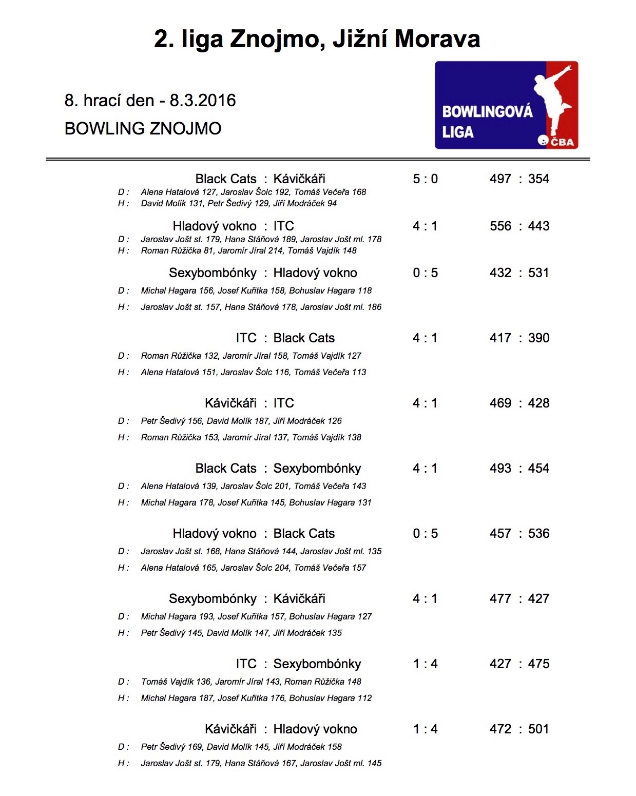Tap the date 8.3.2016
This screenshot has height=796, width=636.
click(x=203, y=101)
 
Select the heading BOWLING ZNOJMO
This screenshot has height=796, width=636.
click(x=143, y=128)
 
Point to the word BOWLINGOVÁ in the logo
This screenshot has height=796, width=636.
click(x=487, y=112)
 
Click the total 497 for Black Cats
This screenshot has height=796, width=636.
click(x=500, y=179)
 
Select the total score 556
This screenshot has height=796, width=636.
click(x=500, y=226)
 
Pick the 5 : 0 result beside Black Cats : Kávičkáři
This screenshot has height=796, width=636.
click(x=425, y=179)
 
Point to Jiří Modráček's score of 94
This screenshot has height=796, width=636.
click(x=332, y=204)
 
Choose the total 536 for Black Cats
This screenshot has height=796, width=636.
click(x=538, y=534)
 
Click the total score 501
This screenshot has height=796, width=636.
click(x=538, y=729)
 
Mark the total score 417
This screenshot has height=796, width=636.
click(x=500, y=338)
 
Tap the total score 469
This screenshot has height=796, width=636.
click(x=500, y=403)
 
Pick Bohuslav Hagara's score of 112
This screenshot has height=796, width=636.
click(x=364, y=698)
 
